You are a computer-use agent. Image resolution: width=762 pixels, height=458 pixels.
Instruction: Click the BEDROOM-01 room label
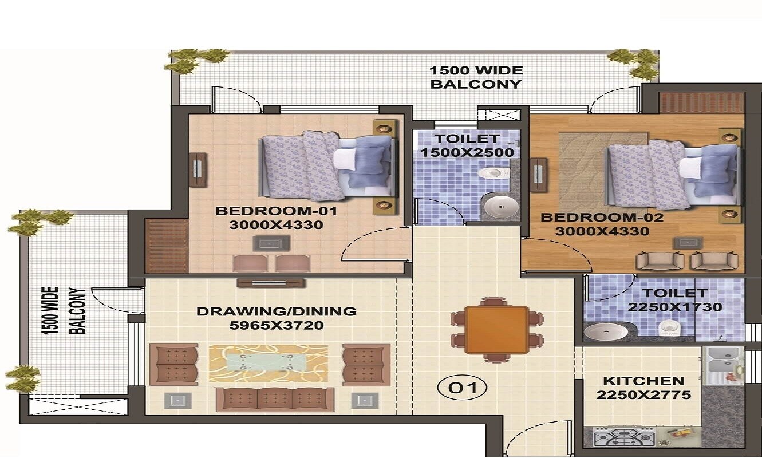click(x=277, y=211)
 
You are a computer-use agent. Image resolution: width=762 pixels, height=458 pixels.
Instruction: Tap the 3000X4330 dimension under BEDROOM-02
click(x=602, y=232)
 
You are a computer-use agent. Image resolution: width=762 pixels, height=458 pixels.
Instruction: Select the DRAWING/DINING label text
click(x=276, y=312)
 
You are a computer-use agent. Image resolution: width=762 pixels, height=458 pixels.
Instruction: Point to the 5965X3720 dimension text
click(x=276, y=326)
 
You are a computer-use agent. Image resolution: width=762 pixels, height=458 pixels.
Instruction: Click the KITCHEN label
click(x=643, y=381)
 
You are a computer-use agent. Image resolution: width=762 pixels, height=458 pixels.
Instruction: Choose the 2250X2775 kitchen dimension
click(x=643, y=395)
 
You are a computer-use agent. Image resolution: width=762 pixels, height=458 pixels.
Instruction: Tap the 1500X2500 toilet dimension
click(x=467, y=153)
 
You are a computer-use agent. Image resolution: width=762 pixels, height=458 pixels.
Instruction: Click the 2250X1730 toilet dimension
click(x=674, y=307)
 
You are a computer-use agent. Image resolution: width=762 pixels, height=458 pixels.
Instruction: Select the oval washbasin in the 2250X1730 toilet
click(x=607, y=331)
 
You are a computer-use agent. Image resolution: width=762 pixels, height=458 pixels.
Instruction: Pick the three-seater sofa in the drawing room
click(x=275, y=399)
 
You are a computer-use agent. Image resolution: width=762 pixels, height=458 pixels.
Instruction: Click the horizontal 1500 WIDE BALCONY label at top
click(x=476, y=77)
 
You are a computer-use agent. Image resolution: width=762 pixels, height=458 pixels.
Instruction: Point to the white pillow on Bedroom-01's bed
click(x=345, y=159)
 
